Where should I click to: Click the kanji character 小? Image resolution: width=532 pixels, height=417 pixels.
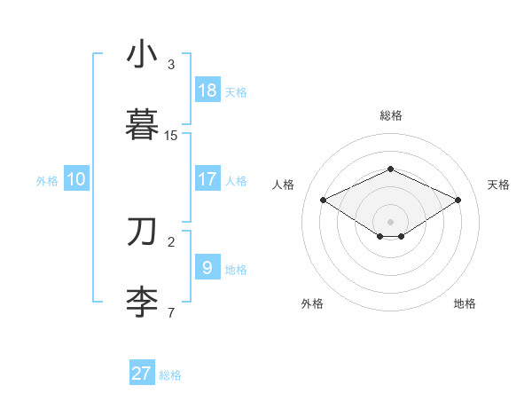coord(142,55)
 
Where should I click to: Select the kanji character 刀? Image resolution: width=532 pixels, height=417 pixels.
coord(142,232)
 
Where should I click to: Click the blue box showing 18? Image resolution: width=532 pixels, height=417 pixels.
coord(207,90)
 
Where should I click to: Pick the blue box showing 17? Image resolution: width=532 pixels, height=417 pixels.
coord(207,179)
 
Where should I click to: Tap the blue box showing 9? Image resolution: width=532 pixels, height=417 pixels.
coord(207,268)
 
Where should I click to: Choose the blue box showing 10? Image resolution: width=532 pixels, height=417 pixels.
coord(76,179)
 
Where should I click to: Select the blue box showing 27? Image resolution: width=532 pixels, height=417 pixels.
coord(142,374)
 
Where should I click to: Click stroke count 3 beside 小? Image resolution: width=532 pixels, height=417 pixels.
coord(171,65)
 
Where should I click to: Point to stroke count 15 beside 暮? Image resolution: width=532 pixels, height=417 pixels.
coord(171,136)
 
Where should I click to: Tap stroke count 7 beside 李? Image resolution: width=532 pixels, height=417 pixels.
coord(171,313)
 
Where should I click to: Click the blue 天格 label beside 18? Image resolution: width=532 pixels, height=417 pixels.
coord(235,92)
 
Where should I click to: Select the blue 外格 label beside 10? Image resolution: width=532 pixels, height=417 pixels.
coord(47,181)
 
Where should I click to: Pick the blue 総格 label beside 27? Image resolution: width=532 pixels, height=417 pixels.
coord(170,375)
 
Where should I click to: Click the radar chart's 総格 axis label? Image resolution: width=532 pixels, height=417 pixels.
coord(390,115)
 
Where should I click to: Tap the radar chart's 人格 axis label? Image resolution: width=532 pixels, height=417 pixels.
coord(283,185)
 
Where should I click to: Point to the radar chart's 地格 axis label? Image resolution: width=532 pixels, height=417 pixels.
coord(465,303)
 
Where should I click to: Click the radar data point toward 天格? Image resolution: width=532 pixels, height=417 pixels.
coord(458,200)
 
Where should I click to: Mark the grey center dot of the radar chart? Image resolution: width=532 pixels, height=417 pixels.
coord(390,221)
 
